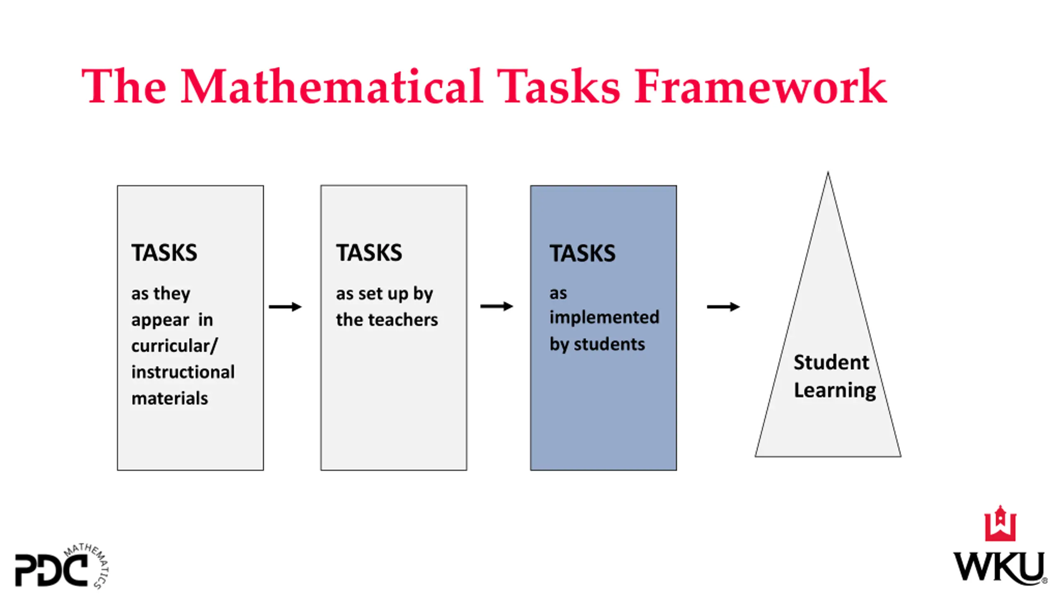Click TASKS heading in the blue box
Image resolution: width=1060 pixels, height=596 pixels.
click(582, 253)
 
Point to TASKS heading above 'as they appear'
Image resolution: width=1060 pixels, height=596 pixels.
click(164, 252)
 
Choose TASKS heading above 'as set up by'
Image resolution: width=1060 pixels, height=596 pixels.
click(369, 252)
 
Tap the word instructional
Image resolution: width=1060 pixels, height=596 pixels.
click(183, 372)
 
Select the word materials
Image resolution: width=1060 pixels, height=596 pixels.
click(169, 398)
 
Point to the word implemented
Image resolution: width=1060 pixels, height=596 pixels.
click(604, 317)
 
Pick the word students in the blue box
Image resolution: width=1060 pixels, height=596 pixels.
click(609, 344)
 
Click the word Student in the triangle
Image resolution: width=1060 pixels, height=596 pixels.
click(831, 363)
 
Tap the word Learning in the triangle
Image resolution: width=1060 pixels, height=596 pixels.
click(835, 390)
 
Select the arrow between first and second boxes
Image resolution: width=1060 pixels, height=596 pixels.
click(285, 307)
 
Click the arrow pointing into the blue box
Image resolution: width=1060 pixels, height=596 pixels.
click(496, 306)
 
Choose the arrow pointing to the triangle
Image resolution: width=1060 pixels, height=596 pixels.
click(723, 307)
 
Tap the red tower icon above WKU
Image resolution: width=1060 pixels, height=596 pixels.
click(1000, 524)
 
